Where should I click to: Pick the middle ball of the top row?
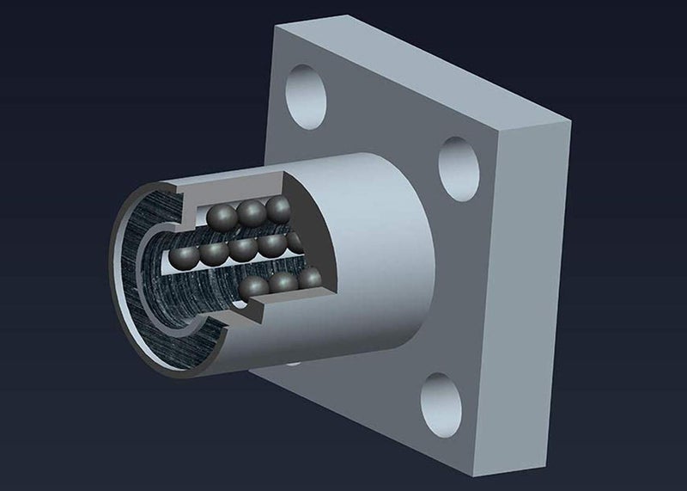[252, 212]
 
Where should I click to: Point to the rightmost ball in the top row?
[278, 209]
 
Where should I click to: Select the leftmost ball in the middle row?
[181, 256]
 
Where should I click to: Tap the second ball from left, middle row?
[211, 254]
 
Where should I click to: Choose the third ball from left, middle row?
[241, 250]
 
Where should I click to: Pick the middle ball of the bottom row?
[283, 283]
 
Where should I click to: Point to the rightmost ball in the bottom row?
[309, 278]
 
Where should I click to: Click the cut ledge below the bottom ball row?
[283, 303]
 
